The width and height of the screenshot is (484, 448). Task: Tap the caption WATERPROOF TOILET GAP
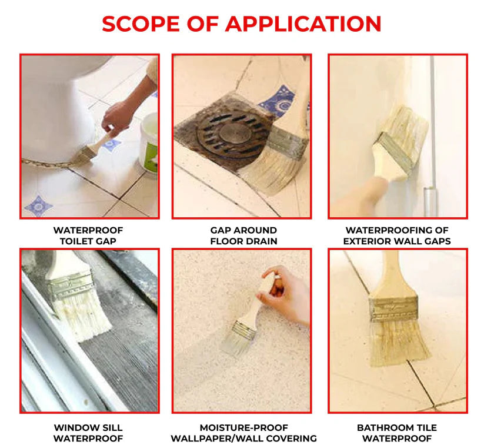click(88, 235)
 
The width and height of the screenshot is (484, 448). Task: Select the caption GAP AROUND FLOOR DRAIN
click(243, 235)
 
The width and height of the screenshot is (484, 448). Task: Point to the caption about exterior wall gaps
click(398, 235)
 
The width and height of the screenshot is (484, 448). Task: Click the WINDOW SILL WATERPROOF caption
click(88, 433)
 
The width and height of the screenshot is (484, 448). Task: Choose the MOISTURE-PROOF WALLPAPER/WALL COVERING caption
click(243, 433)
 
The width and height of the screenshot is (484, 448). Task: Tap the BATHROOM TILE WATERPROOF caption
click(398, 433)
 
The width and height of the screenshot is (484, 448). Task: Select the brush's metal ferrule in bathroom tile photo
click(393, 308)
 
